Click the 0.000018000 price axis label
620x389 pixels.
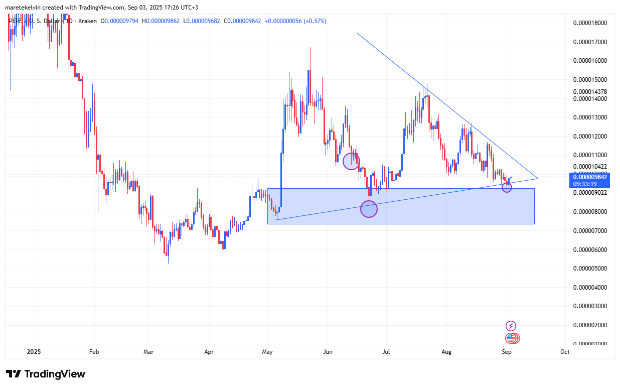point(589,23)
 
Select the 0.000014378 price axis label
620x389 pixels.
point(589,92)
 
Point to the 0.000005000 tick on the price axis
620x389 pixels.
point(589,269)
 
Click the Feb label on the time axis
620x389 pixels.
point(94,352)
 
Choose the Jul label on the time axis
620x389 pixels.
point(386,352)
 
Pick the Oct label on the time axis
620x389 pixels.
point(564,352)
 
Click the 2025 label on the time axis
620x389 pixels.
point(34,352)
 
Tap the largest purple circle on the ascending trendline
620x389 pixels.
point(369,209)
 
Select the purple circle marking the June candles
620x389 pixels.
point(351,161)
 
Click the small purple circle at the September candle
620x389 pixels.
point(507,188)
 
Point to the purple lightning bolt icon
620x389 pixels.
point(511,326)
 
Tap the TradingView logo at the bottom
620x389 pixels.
point(46,374)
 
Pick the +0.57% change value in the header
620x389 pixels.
point(314,21)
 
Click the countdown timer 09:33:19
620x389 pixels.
point(585,184)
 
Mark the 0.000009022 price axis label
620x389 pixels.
point(589,193)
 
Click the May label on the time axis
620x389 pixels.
point(267,352)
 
